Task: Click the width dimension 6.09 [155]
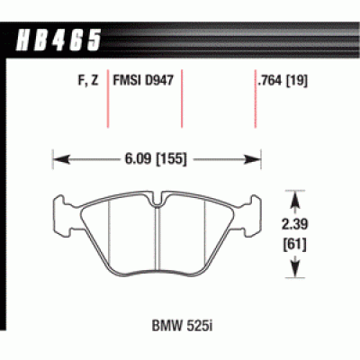point(157,163)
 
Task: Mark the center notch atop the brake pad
point(157,197)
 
